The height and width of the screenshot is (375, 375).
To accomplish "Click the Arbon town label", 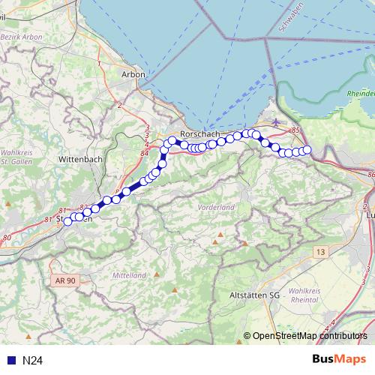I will [x=132, y=74].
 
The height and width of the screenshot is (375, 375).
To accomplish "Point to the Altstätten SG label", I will [x=254, y=295].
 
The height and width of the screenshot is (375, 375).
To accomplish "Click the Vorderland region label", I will [x=217, y=206].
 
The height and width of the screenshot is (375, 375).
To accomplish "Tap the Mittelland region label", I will [x=128, y=275].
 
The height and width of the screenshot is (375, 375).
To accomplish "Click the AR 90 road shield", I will [x=64, y=280].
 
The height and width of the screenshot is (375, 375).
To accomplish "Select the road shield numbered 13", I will [x=321, y=253].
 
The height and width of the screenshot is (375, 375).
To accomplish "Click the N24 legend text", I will [x=32, y=360].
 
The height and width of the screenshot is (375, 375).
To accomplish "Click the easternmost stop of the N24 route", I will [x=307, y=150].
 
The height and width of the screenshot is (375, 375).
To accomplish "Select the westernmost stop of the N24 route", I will [x=67, y=221].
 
